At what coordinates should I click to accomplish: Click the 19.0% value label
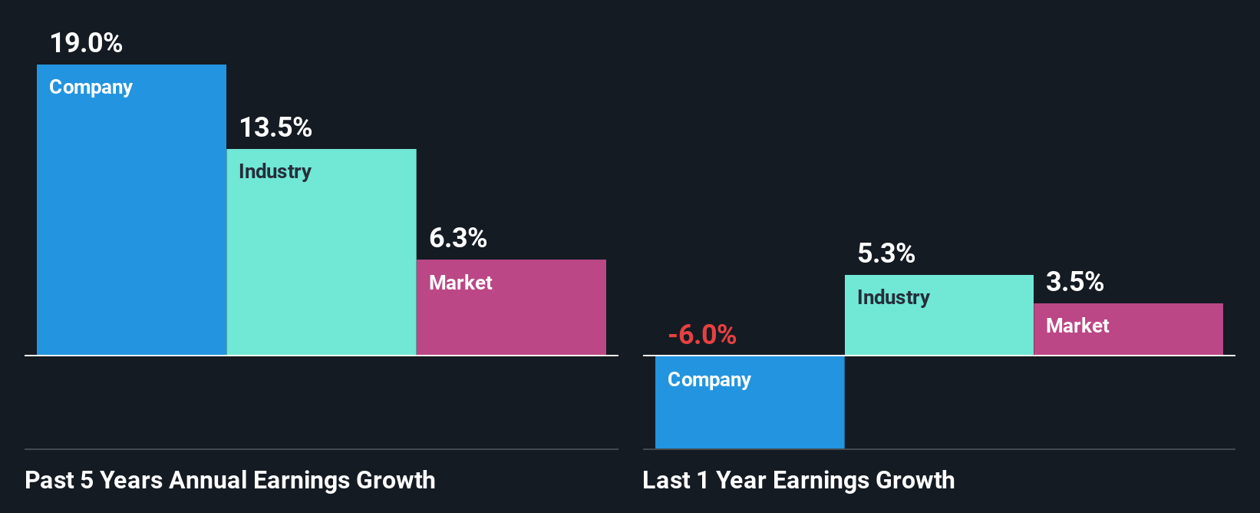[86, 43]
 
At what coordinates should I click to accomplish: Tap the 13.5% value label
[275, 127]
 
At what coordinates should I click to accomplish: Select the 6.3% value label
[458, 238]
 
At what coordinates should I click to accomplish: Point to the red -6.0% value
[702, 335]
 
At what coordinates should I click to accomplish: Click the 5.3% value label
[886, 253]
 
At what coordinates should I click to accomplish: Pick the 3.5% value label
[1075, 282]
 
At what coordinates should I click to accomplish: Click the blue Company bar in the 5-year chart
[131, 230]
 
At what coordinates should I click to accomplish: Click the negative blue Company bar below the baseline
[750, 415]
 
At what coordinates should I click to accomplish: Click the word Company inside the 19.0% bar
[91, 88]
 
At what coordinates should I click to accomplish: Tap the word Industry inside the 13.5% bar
[275, 171]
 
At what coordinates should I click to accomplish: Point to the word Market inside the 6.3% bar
[460, 283]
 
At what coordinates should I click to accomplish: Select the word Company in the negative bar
[709, 380]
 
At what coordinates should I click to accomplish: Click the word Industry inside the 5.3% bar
[893, 297]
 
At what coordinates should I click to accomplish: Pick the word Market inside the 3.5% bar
[1077, 326]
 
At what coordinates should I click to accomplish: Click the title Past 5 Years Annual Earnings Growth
[230, 480]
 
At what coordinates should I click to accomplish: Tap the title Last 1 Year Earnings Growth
[799, 480]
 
